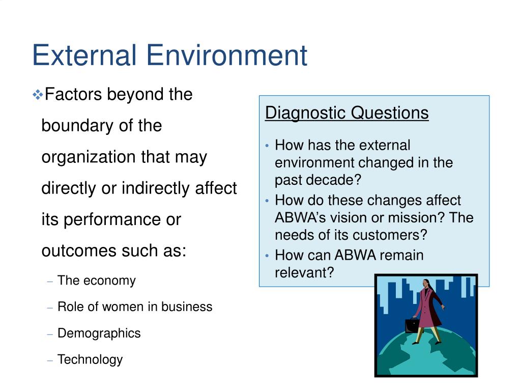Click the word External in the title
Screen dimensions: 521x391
click(84, 55)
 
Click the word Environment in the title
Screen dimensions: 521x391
click(227, 55)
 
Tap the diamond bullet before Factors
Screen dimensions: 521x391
click(38, 95)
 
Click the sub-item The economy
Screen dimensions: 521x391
click(96, 281)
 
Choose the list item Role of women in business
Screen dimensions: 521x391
click(135, 306)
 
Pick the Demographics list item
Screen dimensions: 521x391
click(99, 333)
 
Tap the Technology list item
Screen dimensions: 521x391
click(90, 360)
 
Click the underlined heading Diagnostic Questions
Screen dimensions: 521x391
click(347, 113)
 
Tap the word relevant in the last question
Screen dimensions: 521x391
click(304, 273)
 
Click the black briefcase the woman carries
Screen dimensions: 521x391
click(412, 325)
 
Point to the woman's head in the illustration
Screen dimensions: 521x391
click(426, 284)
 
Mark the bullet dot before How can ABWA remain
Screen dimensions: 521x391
click(267, 256)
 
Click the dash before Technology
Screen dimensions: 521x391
click(50, 360)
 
